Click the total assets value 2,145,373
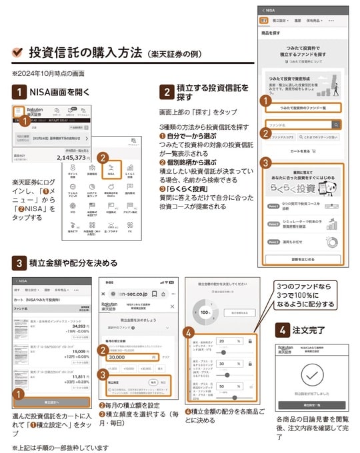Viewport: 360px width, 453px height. [64, 158]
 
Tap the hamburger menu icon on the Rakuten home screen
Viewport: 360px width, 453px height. [18, 111]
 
